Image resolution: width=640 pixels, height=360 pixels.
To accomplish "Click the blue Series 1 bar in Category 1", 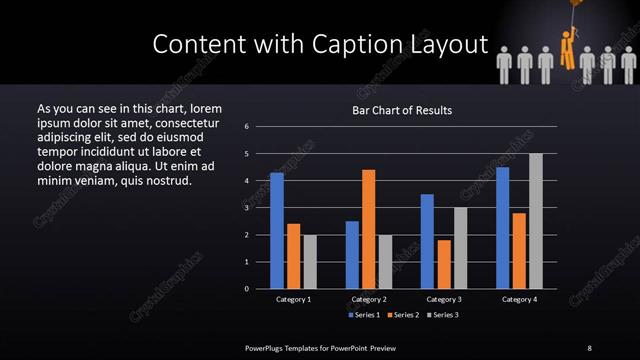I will tap(277, 231).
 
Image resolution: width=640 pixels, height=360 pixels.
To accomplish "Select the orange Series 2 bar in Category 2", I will tap(369, 229).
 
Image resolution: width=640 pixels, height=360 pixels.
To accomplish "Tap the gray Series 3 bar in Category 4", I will tap(536, 221).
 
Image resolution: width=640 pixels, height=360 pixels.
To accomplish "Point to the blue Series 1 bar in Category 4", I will tap(502, 228).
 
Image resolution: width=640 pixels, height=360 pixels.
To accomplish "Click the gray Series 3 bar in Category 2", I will tap(386, 262).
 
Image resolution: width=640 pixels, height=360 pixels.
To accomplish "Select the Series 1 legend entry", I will tap(363, 315).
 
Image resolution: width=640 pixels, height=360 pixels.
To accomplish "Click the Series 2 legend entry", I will tap(404, 315).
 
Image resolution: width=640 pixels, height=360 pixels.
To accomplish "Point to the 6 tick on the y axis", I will tap(246, 127).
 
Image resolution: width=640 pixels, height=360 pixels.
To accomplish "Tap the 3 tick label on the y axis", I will tap(246, 208).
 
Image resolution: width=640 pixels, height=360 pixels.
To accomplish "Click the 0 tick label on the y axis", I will tap(246, 289).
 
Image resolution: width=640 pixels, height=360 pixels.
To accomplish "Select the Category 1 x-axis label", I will tap(293, 299).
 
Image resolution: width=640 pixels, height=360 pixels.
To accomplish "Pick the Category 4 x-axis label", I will tap(519, 299).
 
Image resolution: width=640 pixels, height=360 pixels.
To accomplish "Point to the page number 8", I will tap(589, 347).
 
